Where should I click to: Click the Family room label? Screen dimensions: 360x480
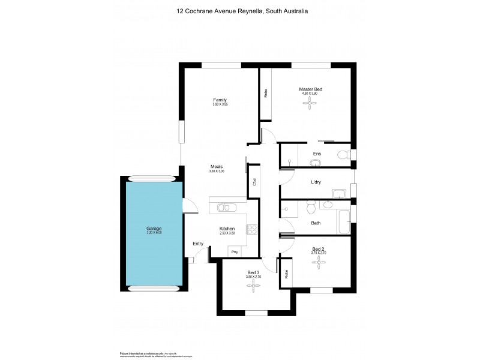click(220, 100)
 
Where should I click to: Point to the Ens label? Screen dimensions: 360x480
click(316, 154)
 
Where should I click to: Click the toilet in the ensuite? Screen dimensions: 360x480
click(343, 155)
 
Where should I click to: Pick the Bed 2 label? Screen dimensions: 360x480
click(318, 249)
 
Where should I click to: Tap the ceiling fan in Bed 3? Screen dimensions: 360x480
click(252, 286)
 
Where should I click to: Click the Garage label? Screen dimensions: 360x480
click(154, 229)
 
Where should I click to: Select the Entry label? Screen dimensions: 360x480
click(198, 244)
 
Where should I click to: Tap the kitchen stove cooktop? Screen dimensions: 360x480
click(251, 229)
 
